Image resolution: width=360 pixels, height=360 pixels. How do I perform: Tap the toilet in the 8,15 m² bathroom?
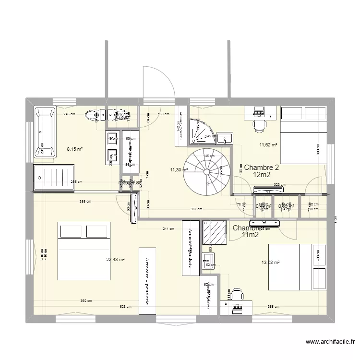click(92, 115)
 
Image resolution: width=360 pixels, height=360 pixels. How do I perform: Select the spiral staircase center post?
click(206, 171)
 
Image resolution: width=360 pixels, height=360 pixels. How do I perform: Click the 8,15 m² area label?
click(74, 149)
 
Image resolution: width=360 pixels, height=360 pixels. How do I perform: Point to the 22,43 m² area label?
click(115, 260)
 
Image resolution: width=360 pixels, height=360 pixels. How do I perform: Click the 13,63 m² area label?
click(269, 263)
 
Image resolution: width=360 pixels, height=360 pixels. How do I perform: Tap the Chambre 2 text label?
click(261, 168)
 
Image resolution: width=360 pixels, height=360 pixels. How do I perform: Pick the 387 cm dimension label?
click(196, 209)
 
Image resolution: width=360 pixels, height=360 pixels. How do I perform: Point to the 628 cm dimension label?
click(125, 306)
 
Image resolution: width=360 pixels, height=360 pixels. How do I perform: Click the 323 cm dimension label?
click(280, 184)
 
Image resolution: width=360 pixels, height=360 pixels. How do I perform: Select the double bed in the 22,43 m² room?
click(84, 250)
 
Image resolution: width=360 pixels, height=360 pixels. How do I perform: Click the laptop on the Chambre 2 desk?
click(259, 111)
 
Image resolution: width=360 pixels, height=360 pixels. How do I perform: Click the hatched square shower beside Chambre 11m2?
click(214, 232)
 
